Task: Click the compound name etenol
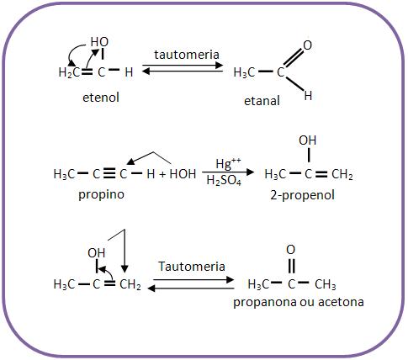101,98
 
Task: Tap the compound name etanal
262,101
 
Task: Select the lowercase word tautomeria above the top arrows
187,55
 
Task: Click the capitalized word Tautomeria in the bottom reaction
192,266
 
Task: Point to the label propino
101,194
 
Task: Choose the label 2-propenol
303,195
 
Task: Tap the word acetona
341,302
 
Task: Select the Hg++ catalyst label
228,163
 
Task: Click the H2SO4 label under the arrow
224,181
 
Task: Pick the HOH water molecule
183,174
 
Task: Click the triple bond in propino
109,174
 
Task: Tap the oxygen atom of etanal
307,45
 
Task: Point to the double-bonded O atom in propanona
291,250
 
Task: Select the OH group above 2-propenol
307,140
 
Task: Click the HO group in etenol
99,42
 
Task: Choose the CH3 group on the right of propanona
326,284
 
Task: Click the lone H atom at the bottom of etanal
308,96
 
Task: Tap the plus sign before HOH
162,174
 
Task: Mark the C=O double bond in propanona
292,265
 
